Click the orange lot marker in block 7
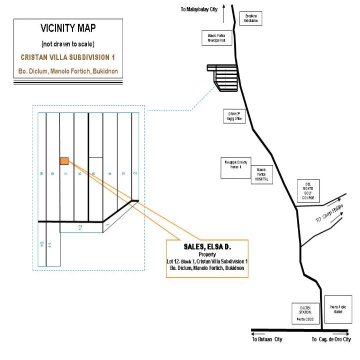64,161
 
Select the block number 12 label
80,227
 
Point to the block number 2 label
135,173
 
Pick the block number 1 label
107,226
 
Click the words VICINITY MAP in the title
68,29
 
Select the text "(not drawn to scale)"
68,44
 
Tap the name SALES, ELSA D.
207,247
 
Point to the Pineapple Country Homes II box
235,167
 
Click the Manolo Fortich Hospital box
261,174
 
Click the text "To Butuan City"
267,339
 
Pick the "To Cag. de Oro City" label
331,339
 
